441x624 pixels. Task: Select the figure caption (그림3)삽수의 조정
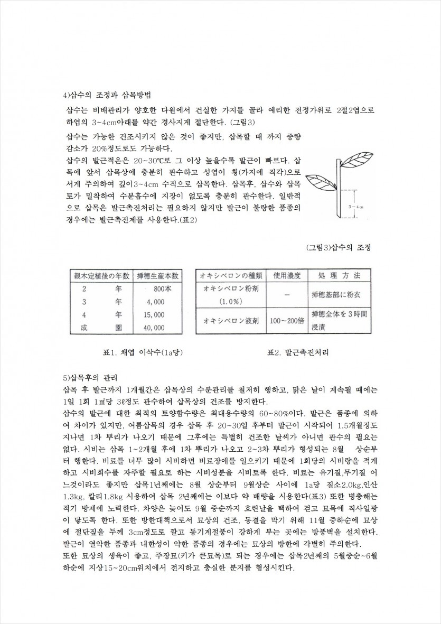(338, 248)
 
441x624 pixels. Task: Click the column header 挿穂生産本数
(158, 276)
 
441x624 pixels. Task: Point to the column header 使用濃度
(287, 276)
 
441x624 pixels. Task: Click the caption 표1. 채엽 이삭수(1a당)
(132, 352)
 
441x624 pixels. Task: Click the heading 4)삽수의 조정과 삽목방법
(107, 96)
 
